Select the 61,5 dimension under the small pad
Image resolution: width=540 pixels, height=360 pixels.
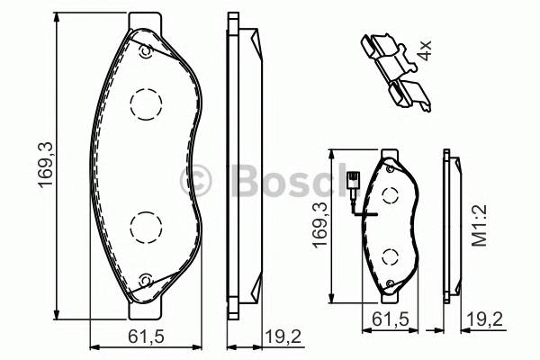coord(389,319)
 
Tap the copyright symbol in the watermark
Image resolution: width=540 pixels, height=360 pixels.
coord(195,180)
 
